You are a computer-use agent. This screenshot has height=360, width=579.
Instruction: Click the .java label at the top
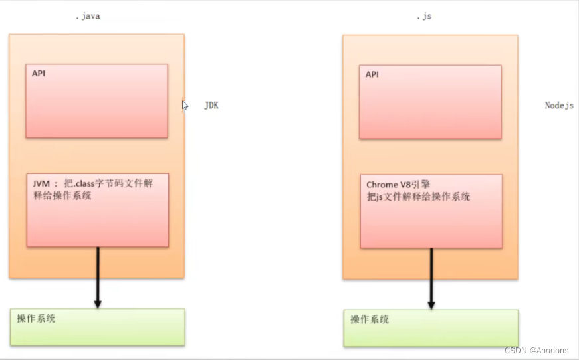pos(88,16)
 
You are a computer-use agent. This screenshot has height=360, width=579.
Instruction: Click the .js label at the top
pos(423,16)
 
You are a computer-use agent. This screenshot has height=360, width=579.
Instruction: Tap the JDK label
pos(211,106)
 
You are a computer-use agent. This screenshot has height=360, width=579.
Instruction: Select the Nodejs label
pos(559,106)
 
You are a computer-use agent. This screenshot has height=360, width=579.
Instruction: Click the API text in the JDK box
pos(39,73)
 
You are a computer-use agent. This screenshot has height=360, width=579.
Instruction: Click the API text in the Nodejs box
pos(372,74)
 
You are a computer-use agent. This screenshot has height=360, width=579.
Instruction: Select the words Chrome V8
pos(389,185)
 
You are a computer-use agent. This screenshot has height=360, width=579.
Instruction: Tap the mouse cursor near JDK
pos(185,104)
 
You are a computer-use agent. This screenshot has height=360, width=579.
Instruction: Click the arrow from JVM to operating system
pos(98,272)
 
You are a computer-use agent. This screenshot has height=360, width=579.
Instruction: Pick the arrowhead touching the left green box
pos(98,303)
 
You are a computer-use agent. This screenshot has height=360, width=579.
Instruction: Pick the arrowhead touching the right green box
pos(431,304)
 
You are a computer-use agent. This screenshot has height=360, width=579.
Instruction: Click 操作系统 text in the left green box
pos(37,319)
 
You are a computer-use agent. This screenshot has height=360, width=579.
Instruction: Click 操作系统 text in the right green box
pos(370,319)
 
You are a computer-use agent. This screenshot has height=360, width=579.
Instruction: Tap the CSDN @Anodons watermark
pos(536,350)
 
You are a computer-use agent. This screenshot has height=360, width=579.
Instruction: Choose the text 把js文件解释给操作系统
pos(419,197)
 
